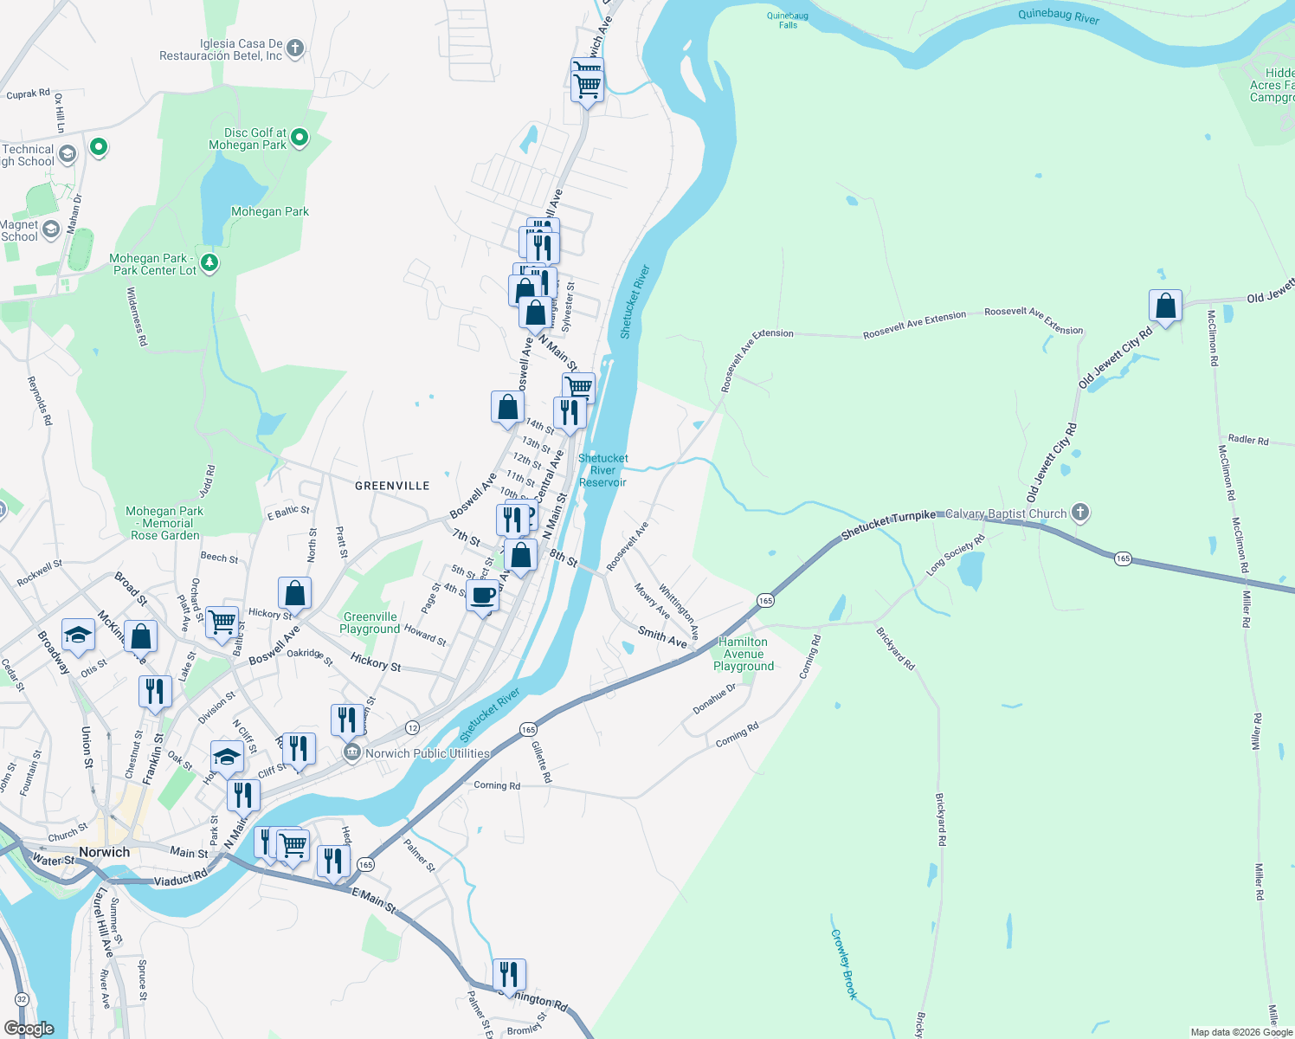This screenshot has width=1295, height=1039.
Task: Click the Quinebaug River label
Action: tap(1058, 16)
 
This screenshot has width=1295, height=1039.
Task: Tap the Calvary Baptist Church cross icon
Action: tap(1079, 513)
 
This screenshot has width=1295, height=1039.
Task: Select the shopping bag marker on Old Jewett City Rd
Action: tap(1165, 307)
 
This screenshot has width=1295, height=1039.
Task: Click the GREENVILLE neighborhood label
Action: tap(392, 486)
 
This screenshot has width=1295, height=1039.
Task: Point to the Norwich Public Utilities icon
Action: tap(351, 752)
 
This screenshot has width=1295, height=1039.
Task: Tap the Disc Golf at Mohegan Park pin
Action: tap(300, 137)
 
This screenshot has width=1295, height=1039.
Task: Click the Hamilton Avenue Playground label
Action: tap(743, 654)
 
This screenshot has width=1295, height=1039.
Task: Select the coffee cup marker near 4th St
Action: tap(482, 597)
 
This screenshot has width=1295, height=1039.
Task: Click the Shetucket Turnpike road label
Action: tap(888, 521)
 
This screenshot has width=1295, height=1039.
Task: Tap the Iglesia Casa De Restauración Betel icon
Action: tap(295, 48)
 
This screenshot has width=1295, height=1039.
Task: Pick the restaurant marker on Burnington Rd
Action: tap(509, 974)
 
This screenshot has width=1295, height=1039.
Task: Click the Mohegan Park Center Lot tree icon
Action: tap(209, 261)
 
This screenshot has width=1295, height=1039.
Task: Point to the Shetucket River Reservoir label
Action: tap(602, 470)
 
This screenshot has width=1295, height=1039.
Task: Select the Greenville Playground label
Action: tap(370, 623)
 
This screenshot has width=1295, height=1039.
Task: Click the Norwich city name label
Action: tap(104, 852)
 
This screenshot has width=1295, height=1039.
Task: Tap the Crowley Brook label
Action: tap(843, 964)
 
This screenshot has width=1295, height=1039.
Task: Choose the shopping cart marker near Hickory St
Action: tap(222, 621)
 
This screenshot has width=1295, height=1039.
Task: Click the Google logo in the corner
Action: tap(29, 1028)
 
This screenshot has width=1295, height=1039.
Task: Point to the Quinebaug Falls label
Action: tap(788, 20)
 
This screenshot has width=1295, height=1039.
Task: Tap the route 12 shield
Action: tap(412, 727)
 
